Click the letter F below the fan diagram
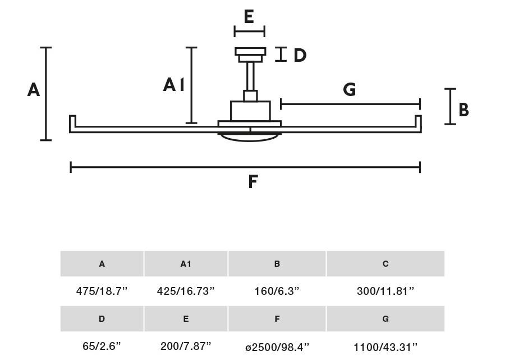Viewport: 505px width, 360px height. [x=253, y=181]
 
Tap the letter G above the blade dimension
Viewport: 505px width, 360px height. [x=350, y=89]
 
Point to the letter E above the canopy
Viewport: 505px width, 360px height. [x=249, y=16]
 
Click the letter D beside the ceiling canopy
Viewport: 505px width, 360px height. [x=300, y=55]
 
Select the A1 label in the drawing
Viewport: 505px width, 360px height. [x=173, y=85]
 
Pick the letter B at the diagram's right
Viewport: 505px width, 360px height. [x=464, y=110]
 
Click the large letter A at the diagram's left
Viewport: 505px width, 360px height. [x=34, y=90]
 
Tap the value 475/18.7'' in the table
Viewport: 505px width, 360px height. [x=102, y=291]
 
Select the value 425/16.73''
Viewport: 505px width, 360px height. [x=186, y=291]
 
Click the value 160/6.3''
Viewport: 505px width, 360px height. [x=277, y=291]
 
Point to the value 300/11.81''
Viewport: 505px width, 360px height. [x=385, y=291]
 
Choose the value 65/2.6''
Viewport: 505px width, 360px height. [x=102, y=346]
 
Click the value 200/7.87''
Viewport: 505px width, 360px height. [x=186, y=346]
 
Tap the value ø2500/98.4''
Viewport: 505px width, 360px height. [x=277, y=347]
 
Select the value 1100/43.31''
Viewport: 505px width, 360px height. [x=385, y=347]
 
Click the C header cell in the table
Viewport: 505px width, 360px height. [x=385, y=263]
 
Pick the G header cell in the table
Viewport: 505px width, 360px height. [x=385, y=319]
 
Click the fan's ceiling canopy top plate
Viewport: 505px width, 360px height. [x=250, y=52]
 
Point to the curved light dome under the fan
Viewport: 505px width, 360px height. [x=250, y=138]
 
